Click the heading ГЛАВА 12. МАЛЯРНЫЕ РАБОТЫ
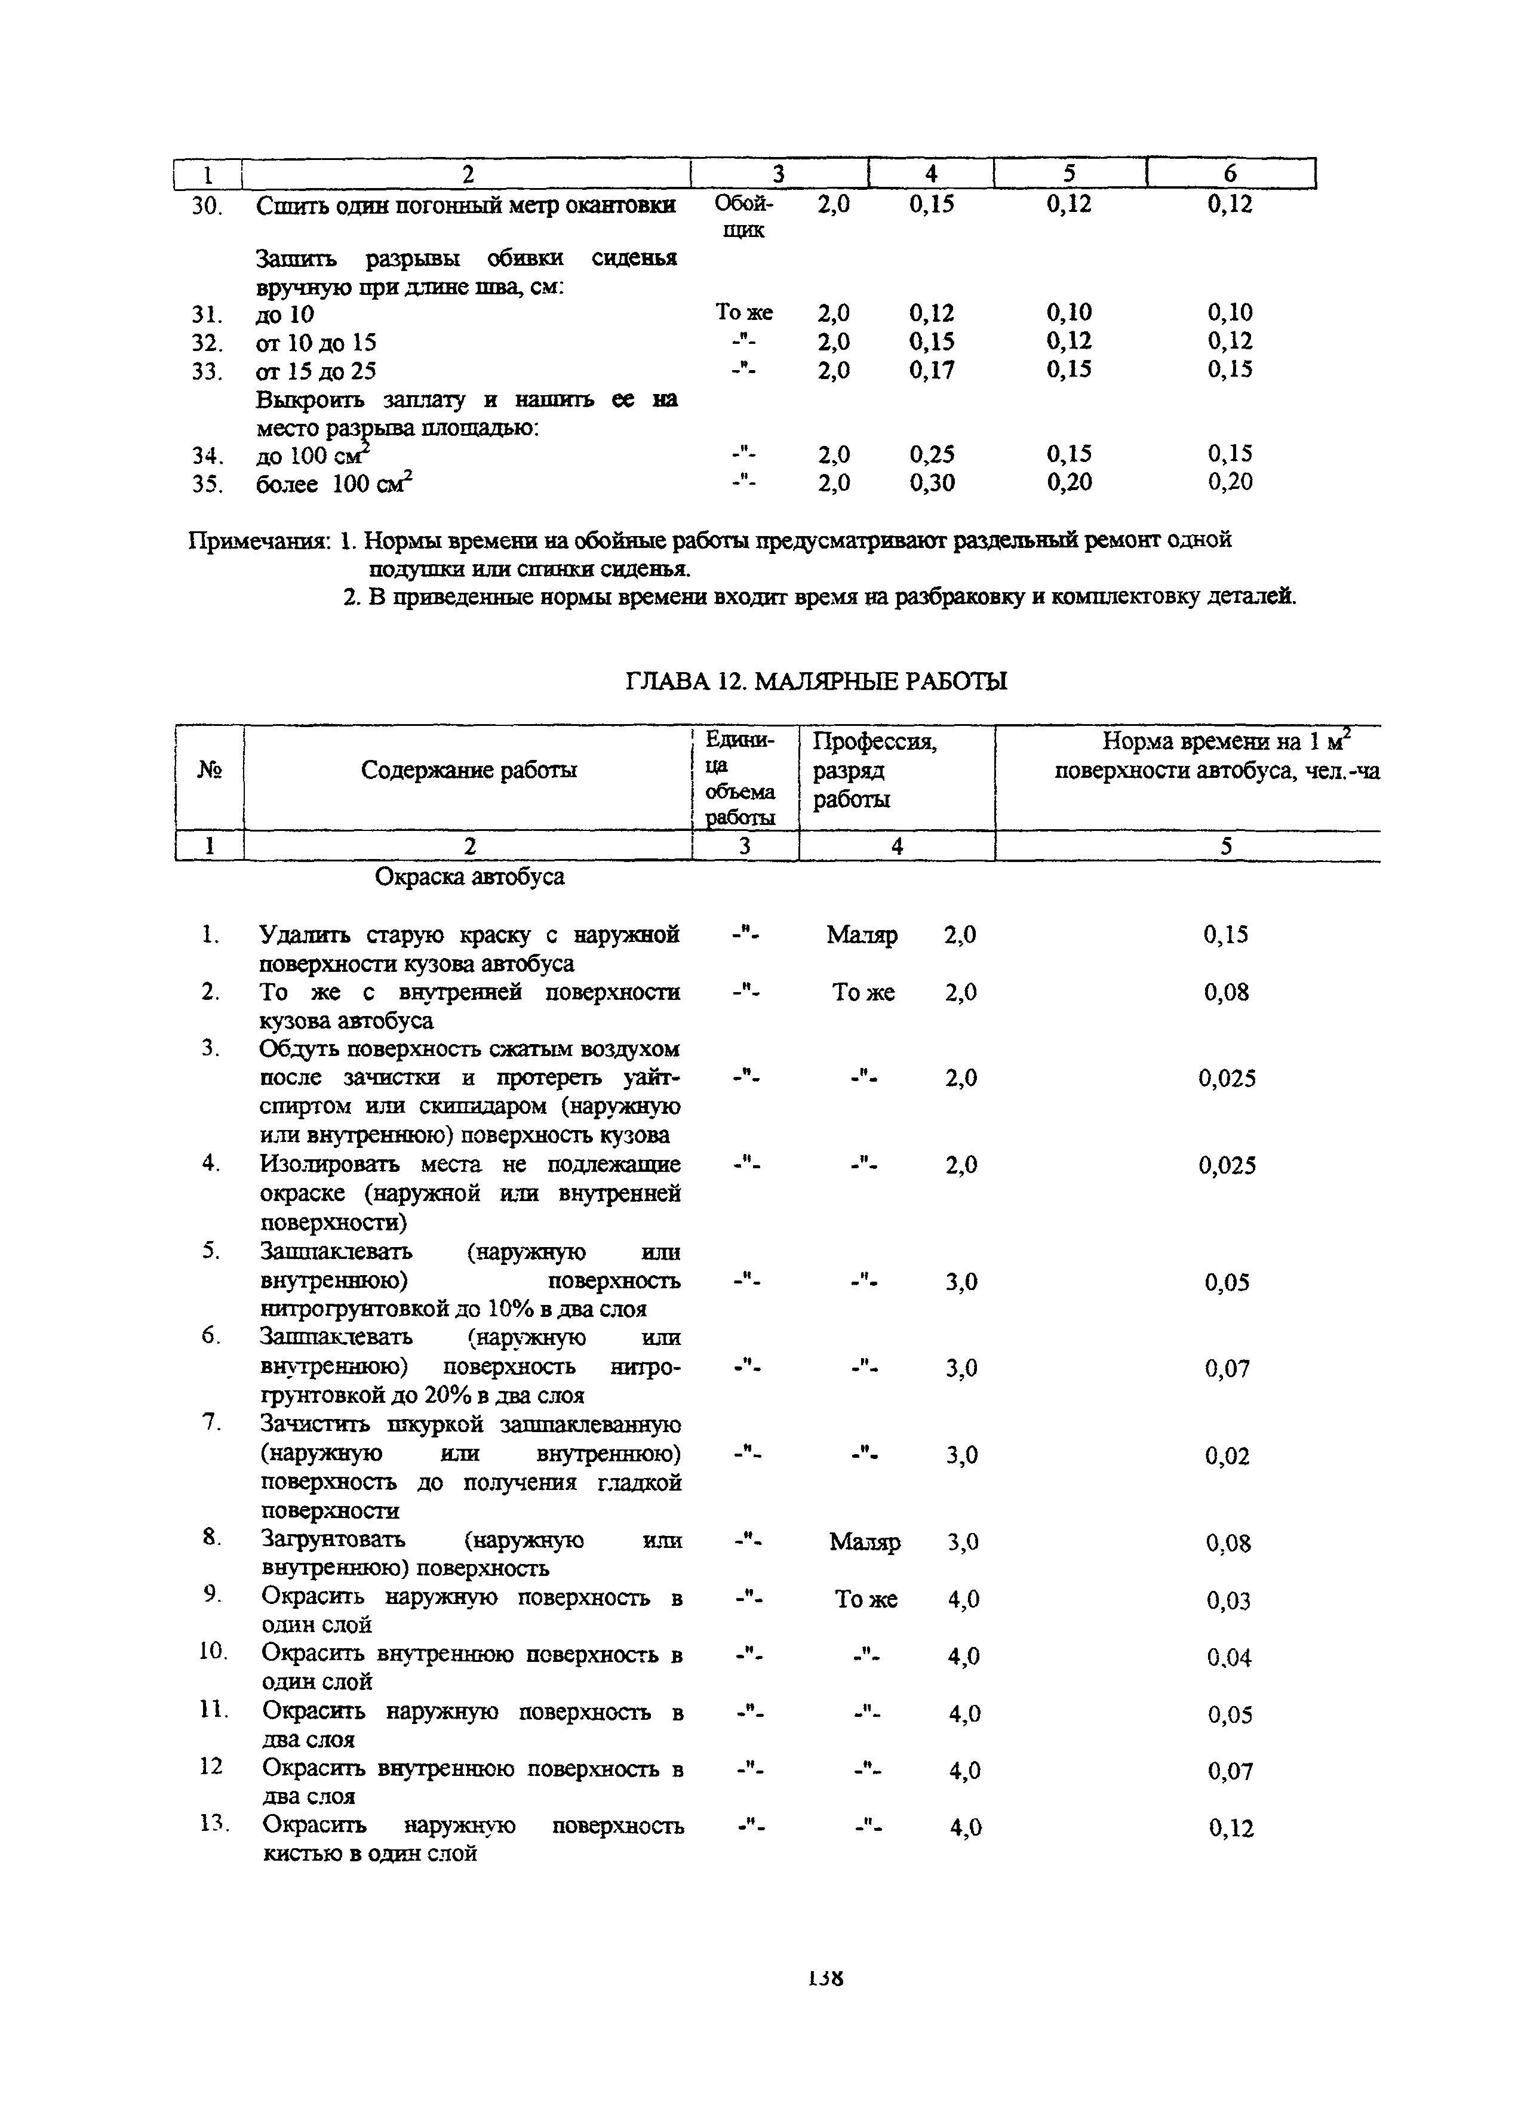(815, 682)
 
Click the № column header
(209, 770)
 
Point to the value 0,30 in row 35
(932, 482)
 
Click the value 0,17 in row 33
(932, 370)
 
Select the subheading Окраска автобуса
(469, 877)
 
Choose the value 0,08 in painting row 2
(1226, 992)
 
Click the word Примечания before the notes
(259, 541)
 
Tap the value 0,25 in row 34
(932, 454)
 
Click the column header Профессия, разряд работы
(874, 770)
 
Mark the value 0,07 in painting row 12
(1230, 1771)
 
